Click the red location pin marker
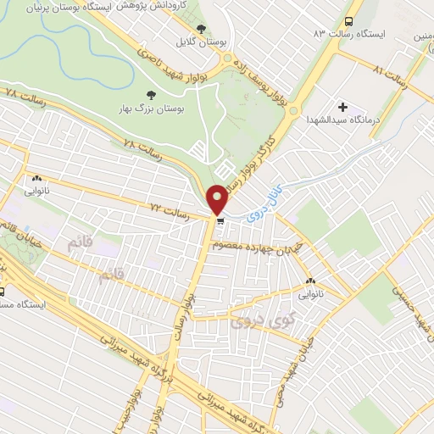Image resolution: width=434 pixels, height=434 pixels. click(218, 199)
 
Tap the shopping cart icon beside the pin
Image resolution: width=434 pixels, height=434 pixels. click(220, 222)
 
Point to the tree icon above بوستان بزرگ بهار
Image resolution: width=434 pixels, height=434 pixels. click(152, 95)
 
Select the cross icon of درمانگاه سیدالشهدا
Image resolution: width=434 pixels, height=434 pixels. click(342, 107)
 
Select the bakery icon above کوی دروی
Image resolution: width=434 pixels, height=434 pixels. click(309, 281)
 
